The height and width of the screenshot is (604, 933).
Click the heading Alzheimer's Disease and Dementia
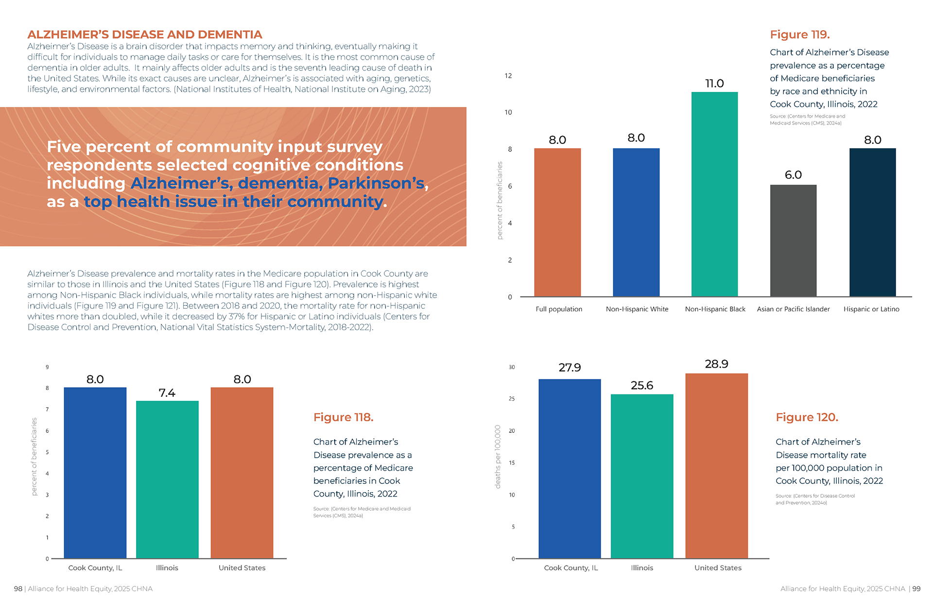click(x=144, y=35)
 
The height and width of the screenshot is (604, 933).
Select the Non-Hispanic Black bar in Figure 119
click(x=714, y=195)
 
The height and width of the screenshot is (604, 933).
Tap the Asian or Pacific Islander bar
click(x=793, y=241)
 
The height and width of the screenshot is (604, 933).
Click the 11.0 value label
click(x=714, y=84)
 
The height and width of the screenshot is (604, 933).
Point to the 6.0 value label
click(x=793, y=175)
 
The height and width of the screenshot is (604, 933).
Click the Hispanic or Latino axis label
click(x=871, y=309)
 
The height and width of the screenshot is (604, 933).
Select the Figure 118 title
click(x=343, y=417)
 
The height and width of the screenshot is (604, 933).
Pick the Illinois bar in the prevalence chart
click(x=167, y=479)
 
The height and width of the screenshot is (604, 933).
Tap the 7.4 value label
click(x=167, y=393)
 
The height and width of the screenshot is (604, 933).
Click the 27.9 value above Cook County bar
click(x=570, y=368)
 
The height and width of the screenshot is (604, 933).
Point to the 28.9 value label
click(x=716, y=364)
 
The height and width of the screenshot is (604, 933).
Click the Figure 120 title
click(x=807, y=417)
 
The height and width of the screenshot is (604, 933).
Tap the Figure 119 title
click(x=799, y=35)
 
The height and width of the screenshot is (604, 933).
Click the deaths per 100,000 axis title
click(x=498, y=457)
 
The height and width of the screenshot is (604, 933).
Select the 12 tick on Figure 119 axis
click(x=508, y=76)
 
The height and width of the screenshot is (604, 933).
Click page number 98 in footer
click(x=18, y=589)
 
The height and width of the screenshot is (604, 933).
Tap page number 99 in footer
click(x=916, y=589)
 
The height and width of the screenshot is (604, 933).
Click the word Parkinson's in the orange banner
click(x=378, y=183)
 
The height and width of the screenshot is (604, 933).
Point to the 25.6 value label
click(x=641, y=386)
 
